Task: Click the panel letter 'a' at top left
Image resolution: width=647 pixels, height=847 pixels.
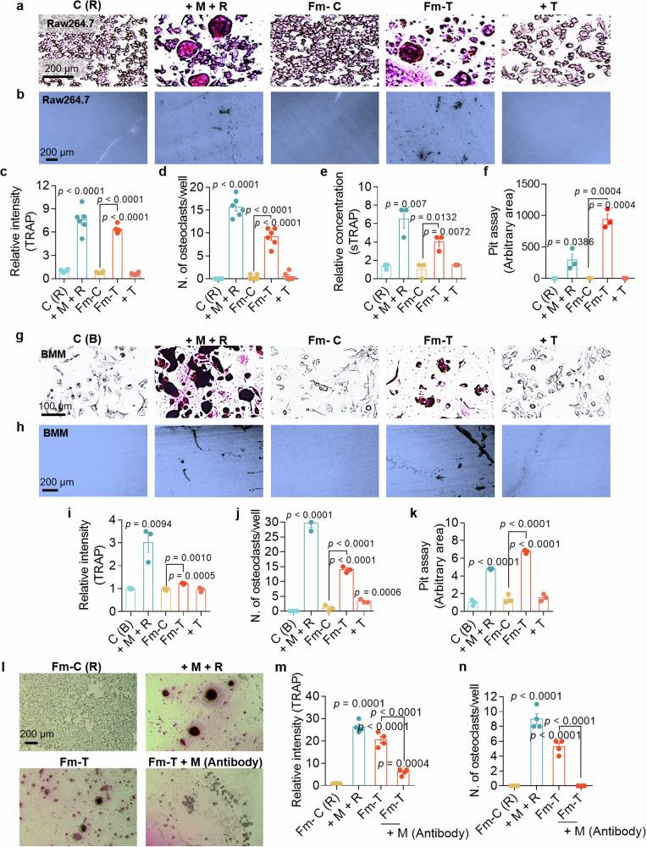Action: [x=7, y=6]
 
